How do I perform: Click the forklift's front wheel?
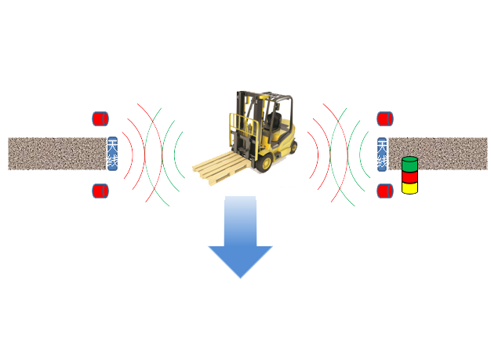coord(265,162)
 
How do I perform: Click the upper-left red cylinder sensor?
coord(100,119)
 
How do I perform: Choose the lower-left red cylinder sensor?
coord(100,190)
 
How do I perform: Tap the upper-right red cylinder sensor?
coord(384,119)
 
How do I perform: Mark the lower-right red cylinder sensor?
coord(384,190)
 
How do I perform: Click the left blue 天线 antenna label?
coord(111,154)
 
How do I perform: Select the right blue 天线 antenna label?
coord(382,154)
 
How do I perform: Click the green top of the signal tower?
coord(409,164)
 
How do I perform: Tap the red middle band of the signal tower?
coord(409,176)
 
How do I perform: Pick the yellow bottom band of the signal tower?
coord(409,188)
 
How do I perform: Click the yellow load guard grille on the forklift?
coord(238,129)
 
